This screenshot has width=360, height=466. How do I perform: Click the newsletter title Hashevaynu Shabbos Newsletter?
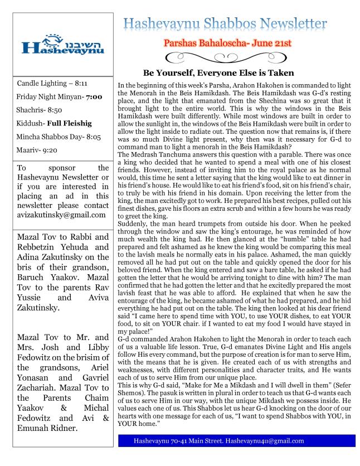(225, 23)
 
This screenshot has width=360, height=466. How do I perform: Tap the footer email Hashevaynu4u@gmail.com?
(266, 441)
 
